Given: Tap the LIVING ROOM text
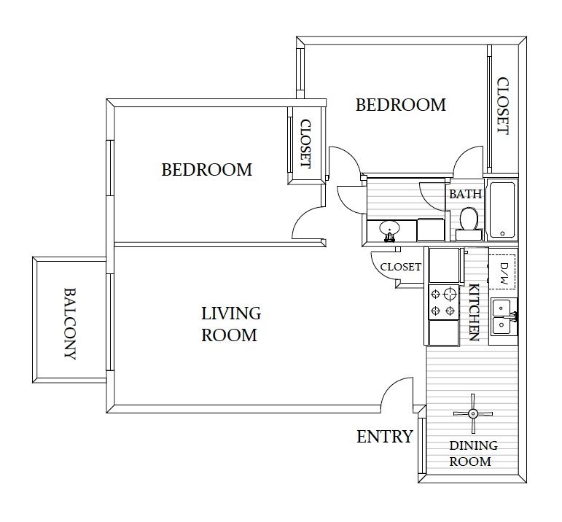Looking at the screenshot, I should (230, 324).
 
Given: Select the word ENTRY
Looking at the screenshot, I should (384, 437).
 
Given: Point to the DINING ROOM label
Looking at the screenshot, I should (473, 453).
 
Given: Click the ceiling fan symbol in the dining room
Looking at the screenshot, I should (473, 413).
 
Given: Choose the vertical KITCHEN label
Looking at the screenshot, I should (473, 312).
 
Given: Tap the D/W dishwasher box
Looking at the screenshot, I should (503, 270).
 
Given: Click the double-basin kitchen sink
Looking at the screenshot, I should (504, 316).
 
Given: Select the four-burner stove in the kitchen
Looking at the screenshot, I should (444, 303).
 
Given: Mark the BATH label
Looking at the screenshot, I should (464, 195).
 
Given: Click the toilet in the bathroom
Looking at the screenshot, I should (469, 221).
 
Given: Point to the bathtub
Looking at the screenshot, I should (502, 211).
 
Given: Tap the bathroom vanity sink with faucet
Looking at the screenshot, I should (389, 230).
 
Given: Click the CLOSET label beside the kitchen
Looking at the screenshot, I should (401, 267).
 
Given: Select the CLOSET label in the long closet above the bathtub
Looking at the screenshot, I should (503, 106).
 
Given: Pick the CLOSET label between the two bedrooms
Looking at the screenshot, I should (305, 144).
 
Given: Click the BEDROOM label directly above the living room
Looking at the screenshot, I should (206, 170).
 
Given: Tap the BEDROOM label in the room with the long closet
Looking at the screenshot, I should (400, 105).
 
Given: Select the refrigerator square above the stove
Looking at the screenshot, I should (444, 265).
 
